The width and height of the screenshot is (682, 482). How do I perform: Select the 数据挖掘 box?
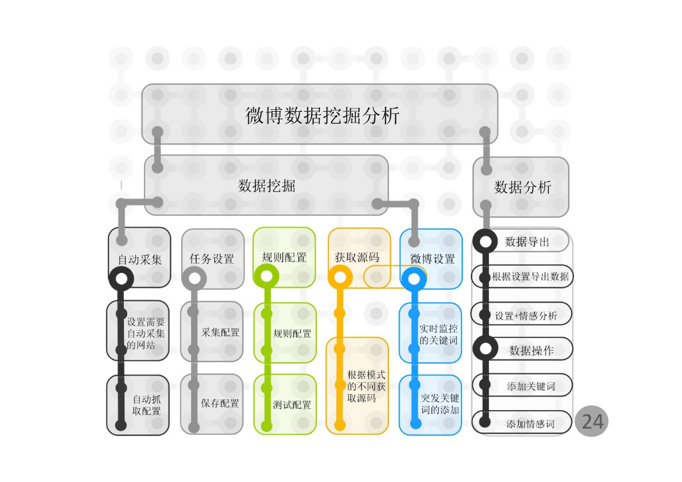pyautogui.click(x=266, y=186)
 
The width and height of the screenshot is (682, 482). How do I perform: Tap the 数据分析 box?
pyautogui.click(x=522, y=187)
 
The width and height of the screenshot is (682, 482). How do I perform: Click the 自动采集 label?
pyautogui.click(x=140, y=259)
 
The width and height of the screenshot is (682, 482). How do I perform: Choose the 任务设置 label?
pyautogui.click(x=212, y=258)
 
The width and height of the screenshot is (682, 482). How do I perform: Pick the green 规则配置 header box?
pyautogui.click(x=284, y=257)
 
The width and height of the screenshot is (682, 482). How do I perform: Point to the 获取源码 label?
pyautogui.click(x=357, y=257)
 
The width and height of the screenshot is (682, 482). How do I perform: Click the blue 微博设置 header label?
pyautogui.click(x=433, y=258)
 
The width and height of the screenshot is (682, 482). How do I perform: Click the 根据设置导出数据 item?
pyautogui.click(x=530, y=276)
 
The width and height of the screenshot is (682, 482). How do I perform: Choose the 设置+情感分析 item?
pyautogui.click(x=526, y=316)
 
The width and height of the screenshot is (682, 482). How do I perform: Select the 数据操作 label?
pyautogui.click(x=531, y=350)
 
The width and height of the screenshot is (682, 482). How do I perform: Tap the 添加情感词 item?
pyautogui.click(x=530, y=423)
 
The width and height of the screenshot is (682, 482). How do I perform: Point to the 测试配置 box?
pyautogui.click(x=291, y=404)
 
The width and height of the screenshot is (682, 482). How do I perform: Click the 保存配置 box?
pyautogui.click(x=220, y=403)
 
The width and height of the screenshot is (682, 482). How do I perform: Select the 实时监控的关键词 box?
pyautogui.click(x=438, y=334)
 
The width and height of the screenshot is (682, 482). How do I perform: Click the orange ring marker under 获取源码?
pyautogui.click(x=340, y=277)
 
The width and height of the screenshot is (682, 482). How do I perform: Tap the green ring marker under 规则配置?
pyautogui.click(x=266, y=276)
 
